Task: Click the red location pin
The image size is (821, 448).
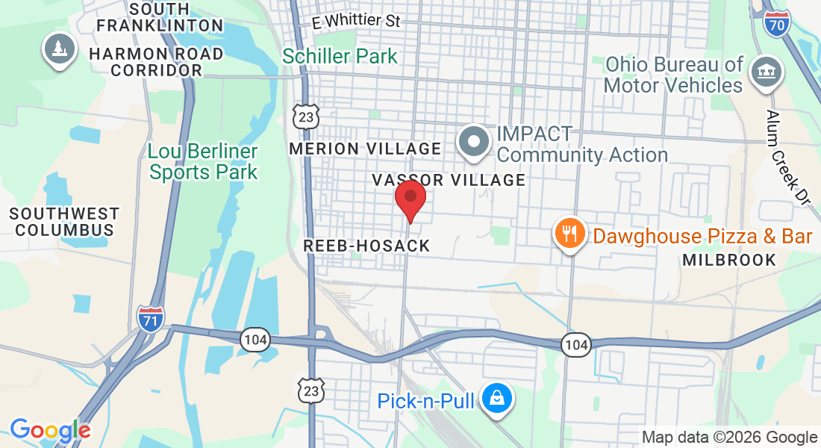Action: tap(410, 198)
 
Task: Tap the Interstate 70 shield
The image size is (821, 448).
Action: tap(776, 25)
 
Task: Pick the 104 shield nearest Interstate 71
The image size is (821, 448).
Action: tap(255, 340)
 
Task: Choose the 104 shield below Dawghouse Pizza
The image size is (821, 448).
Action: tap(575, 344)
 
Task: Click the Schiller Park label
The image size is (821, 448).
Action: tap(340, 56)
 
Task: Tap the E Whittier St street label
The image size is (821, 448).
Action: tap(357, 21)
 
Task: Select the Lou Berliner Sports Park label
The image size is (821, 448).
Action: tap(203, 162)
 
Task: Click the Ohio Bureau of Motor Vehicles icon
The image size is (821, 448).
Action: tap(766, 73)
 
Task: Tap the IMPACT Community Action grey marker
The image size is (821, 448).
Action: tap(473, 142)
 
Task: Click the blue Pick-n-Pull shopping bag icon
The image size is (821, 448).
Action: tap(496, 399)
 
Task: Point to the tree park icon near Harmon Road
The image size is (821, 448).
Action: tap(58, 49)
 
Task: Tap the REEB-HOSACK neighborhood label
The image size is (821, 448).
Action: tap(366, 246)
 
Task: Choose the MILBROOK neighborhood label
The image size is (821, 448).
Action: tap(729, 260)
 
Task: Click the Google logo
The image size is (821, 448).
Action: tap(50, 430)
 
